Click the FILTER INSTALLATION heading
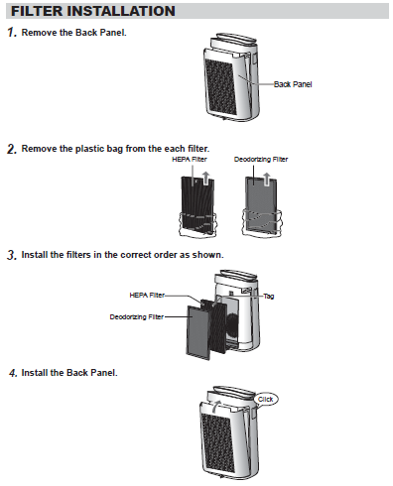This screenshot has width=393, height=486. pyautogui.click(x=93, y=11)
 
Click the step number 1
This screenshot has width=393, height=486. pyautogui.click(x=12, y=33)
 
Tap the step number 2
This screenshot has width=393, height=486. pyautogui.click(x=12, y=149)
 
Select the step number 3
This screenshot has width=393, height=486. pyautogui.click(x=12, y=255)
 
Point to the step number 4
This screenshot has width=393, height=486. pyautogui.click(x=13, y=373)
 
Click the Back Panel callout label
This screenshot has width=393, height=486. pyautogui.click(x=293, y=84)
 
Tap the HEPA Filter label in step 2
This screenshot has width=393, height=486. pyautogui.click(x=190, y=160)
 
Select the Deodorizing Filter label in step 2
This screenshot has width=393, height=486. pyautogui.click(x=261, y=160)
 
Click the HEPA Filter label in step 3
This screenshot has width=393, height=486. pyautogui.click(x=147, y=295)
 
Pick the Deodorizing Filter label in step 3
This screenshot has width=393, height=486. pyautogui.click(x=137, y=316)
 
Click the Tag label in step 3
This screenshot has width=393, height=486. pyautogui.click(x=269, y=296)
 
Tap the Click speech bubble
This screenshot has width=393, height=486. pyautogui.click(x=266, y=399)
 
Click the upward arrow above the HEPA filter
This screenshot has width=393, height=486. pyautogui.click(x=205, y=178)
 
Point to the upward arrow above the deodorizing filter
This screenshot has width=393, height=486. pyautogui.click(x=267, y=179)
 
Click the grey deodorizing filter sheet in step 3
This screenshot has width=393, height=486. pyautogui.click(x=198, y=332)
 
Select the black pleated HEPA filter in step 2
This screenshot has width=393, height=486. pyautogui.click(x=197, y=205)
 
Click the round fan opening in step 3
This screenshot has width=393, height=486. pyautogui.click(x=232, y=325)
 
